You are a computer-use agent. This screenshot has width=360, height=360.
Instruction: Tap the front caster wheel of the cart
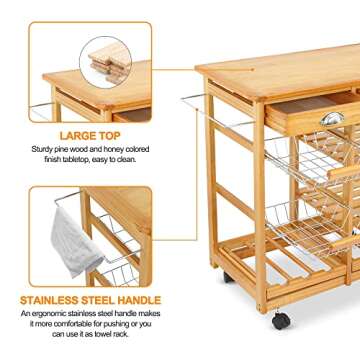281,321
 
